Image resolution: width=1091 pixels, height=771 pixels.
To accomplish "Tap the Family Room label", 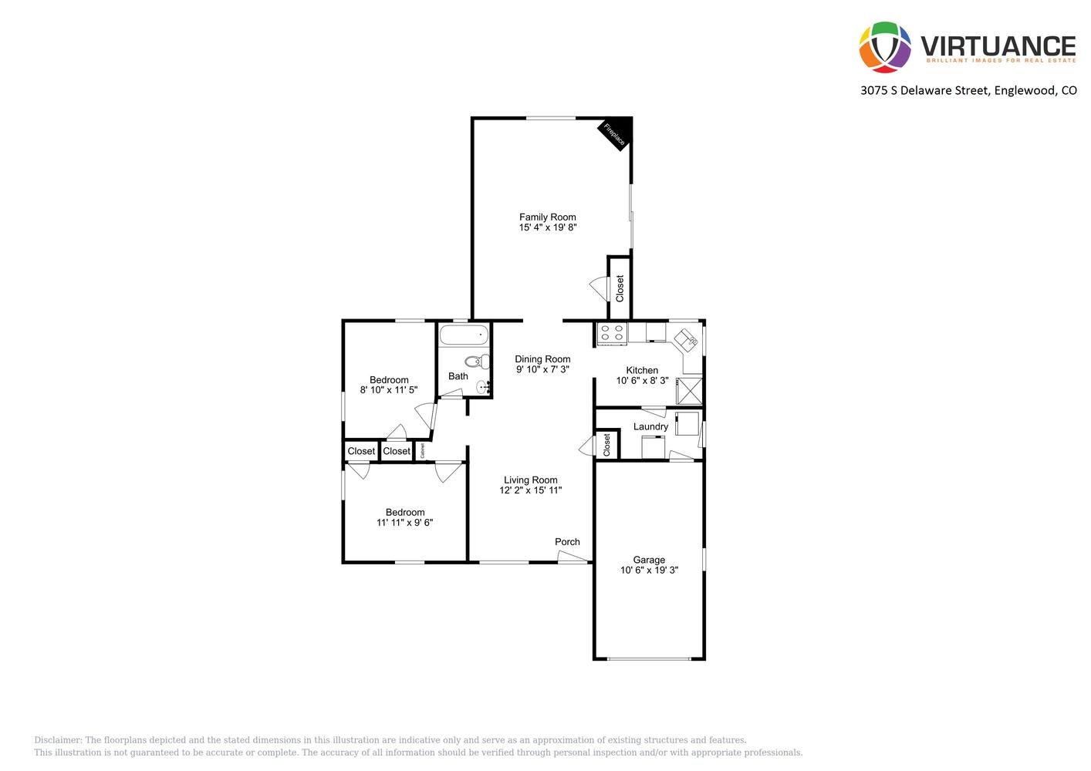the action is coord(548,217).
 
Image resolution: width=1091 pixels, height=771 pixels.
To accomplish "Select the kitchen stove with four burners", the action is coord(612,334).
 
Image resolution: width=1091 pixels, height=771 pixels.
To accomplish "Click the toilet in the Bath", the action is coord(478,362).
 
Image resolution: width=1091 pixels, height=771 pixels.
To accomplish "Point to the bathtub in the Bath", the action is coord(464,335).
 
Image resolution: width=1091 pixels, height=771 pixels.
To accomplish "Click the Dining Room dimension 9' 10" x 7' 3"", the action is coord(542,369).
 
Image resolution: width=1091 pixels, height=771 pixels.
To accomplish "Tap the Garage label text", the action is coord(649,561).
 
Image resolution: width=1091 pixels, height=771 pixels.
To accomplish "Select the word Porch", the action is coord(567,542).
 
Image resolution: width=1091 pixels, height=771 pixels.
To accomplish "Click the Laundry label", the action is coord(650,427).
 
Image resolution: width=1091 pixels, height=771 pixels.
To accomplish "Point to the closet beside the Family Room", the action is coord(620,288).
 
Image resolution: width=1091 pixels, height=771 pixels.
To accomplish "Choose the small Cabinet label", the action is coord(422,451).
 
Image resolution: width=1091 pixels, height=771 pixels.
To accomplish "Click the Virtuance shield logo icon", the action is coord(885,47).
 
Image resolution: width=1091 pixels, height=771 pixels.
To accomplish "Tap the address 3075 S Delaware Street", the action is coord(924,90).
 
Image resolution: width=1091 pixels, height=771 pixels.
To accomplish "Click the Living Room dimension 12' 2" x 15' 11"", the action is coord(530,490).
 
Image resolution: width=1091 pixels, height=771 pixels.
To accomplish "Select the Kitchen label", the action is coord(642,370).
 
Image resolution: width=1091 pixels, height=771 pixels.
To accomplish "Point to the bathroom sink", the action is coord(483,388).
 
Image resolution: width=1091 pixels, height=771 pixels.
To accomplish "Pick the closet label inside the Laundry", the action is coord(607,445).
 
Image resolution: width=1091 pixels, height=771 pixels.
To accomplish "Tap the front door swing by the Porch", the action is coord(573,557).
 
